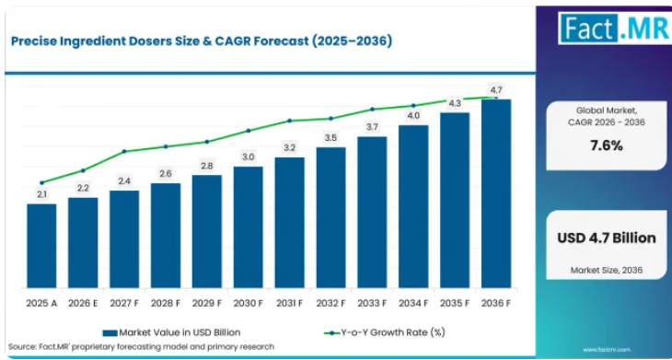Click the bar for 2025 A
pos(41,246)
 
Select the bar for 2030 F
pos(249,227)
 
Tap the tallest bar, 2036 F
pos(496,193)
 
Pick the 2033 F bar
pos(372,212)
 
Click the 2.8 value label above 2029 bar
pos(207,167)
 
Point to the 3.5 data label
pos(330,138)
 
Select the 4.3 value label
pos(454,103)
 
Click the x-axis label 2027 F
pos(124,303)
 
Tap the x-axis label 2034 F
pos(413,303)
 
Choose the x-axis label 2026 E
pos(83,303)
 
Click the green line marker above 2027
pos(124,151)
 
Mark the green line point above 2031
pos(290,121)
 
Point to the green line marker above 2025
pos(41,182)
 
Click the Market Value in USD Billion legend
pos(171,332)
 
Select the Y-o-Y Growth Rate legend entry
pos(384,332)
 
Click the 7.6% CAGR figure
pos(607,146)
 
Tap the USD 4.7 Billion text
pos(607,238)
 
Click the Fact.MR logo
pos(615,28)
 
